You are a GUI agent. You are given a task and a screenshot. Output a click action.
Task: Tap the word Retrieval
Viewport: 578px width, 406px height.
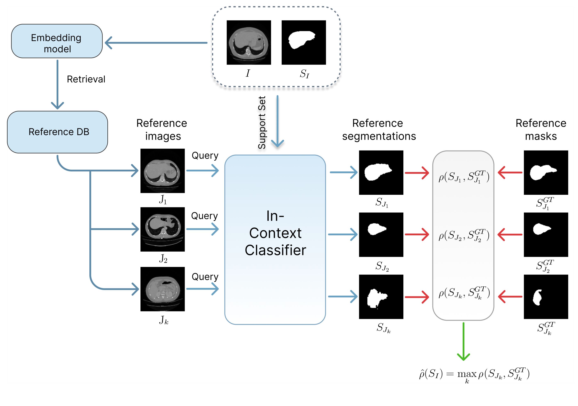tap(86, 79)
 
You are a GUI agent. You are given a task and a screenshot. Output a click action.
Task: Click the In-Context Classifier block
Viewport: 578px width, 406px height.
tap(275, 239)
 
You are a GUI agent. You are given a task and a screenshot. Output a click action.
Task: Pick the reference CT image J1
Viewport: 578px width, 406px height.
tap(162, 171)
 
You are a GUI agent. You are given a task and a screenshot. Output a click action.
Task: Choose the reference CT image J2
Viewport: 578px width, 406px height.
tap(162, 229)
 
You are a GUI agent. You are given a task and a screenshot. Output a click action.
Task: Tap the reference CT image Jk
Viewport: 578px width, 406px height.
tap(162, 289)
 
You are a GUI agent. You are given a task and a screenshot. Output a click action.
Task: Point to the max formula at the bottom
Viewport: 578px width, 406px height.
tap(474, 374)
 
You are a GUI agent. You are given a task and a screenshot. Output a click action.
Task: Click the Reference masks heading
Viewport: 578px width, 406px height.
tap(541, 130)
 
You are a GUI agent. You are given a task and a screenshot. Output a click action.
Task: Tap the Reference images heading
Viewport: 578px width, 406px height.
tap(162, 130)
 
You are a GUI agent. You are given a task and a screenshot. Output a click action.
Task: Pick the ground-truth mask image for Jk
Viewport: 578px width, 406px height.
tap(546, 297)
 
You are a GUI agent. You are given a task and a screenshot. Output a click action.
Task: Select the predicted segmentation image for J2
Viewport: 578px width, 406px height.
tap(381, 235)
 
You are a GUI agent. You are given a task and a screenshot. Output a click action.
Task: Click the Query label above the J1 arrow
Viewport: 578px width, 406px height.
tap(205, 155)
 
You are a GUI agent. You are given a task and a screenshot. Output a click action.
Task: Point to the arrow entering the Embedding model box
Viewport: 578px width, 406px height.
tap(156, 43)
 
